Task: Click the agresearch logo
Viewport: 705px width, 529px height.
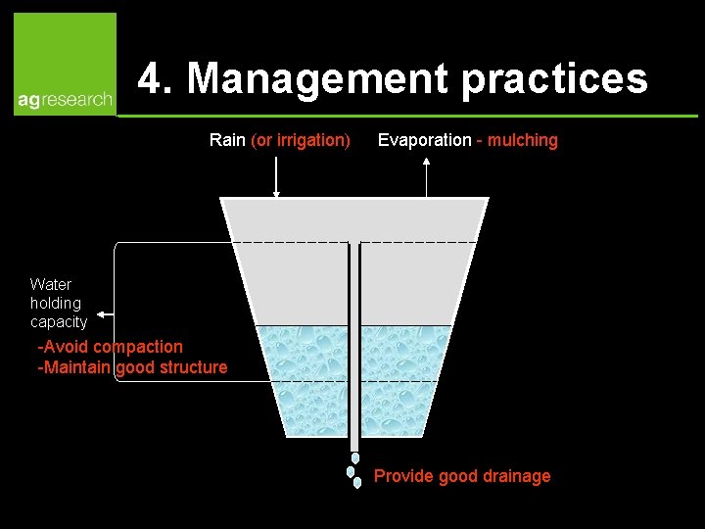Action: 65,65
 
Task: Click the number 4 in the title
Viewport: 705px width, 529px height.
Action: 150,78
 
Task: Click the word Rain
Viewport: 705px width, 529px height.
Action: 227,140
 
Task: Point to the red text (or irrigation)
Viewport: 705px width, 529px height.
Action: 301,140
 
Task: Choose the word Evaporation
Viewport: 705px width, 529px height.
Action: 424,140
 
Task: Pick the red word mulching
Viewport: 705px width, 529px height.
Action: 523,140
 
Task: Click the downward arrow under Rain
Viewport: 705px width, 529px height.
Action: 276,176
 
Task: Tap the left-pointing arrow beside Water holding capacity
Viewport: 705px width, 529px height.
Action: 106,315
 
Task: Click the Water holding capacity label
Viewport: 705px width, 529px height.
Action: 58,303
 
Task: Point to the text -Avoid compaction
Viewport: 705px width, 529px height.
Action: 110,347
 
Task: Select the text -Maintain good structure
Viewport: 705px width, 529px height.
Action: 131,367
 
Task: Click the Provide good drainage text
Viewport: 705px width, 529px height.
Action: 462,476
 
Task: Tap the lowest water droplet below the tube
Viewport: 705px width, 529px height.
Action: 357,482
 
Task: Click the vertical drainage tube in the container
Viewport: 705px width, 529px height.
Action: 354,343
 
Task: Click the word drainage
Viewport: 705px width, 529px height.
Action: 516,476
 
